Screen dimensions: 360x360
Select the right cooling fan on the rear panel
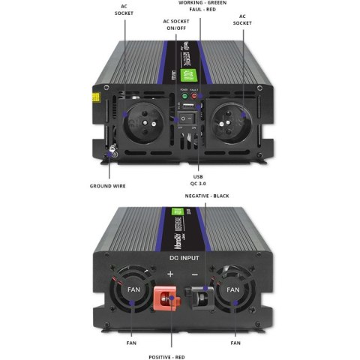(x=233, y=289)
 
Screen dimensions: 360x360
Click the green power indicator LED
(x=182, y=97)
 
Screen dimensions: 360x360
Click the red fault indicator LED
(x=194, y=97)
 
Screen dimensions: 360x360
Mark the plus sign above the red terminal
(x=170, y=274)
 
